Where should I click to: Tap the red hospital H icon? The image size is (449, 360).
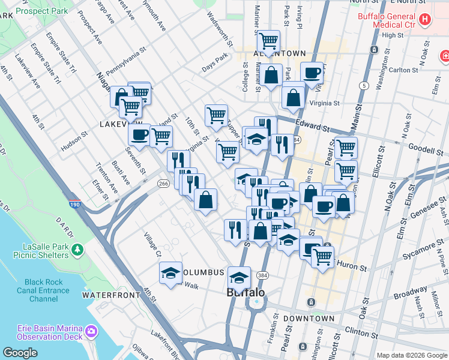tap(425, 20)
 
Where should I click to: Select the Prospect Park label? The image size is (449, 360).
tap(41, 11)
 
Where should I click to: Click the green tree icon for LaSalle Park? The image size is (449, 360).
tap(77, 248)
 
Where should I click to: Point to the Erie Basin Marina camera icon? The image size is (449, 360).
tap(91, 330)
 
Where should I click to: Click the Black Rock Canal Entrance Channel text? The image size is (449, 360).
tap(43, 290)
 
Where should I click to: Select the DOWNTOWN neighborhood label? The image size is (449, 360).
tap(309, 319)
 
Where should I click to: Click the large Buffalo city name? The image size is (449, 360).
tap(246, 293)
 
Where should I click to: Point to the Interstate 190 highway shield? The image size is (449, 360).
tap(74, 205)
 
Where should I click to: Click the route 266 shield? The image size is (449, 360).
tap(163, 183)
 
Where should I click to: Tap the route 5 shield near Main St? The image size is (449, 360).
tap(364, 86)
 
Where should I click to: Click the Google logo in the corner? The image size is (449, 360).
tap(20, 352)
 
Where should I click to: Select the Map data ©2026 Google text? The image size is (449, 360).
tap(411, 355)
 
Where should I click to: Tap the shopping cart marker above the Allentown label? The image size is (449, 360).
tap(268, 41)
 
